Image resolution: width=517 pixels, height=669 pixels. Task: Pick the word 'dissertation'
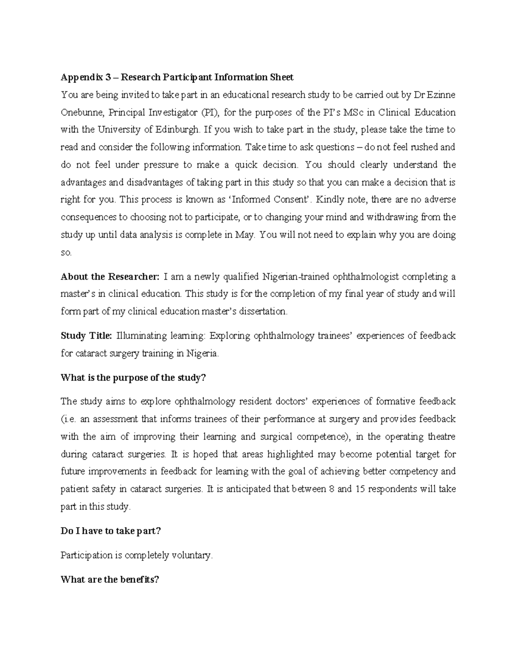[x=260, y=311]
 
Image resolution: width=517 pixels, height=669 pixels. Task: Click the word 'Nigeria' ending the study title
[x=202, y=354]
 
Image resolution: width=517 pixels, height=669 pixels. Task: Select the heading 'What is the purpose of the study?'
[x=134, y=378]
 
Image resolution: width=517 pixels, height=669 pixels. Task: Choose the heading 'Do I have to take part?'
[x=111, y=531]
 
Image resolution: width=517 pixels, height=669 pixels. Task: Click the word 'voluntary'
[x=191, y=556]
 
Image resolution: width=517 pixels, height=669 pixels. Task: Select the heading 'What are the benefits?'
[x=110, y=580]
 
